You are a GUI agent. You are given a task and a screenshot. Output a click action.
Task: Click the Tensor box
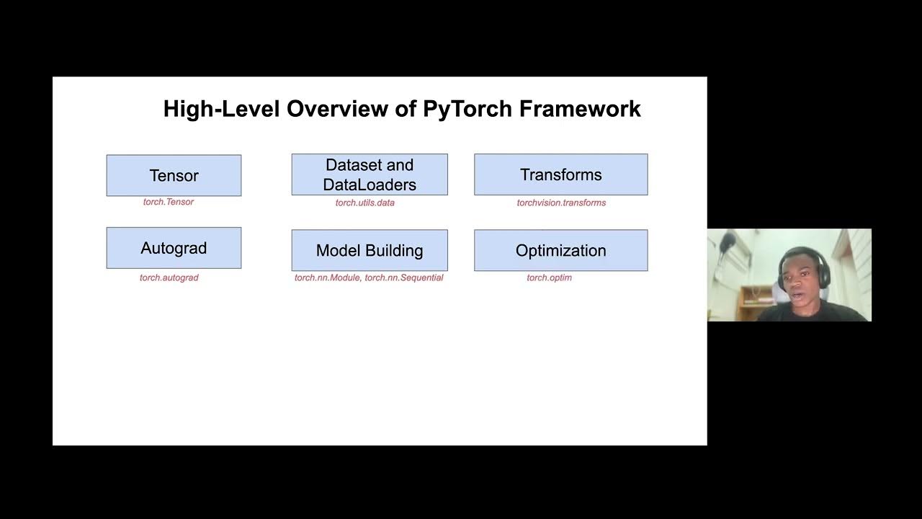(x=174, y=175)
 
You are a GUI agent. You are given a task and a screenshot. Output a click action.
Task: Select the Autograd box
(x=174, y=248)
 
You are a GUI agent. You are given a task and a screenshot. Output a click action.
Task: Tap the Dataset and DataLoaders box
(x=370, y=174)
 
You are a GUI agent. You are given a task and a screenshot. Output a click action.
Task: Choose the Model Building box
(x=370, y=250)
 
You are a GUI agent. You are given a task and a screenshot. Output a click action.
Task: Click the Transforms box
(x=560, y=174)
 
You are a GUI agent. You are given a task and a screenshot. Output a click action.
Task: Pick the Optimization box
(x=560, y=250)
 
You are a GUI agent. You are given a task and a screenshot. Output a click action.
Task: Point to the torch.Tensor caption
(x=169, y=202)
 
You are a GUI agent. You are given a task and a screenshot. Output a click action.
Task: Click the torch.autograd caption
(x=169, y=278)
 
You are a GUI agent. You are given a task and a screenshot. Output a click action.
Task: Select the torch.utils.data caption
(x=364, y=203)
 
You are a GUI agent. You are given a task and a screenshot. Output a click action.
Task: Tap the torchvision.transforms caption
(x=561, y=203)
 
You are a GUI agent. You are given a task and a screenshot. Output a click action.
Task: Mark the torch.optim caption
(x=549, y=278)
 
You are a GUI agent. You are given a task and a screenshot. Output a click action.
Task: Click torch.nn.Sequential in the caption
(x=404, y=278)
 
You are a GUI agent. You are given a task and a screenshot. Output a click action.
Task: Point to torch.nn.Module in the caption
(x=327, y=278)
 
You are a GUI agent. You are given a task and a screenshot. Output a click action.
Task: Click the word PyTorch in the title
(x=467, y=109)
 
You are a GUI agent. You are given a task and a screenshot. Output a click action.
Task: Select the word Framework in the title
(x=580, y=109)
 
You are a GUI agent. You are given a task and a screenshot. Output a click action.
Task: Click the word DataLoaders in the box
(x=370, y=185)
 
